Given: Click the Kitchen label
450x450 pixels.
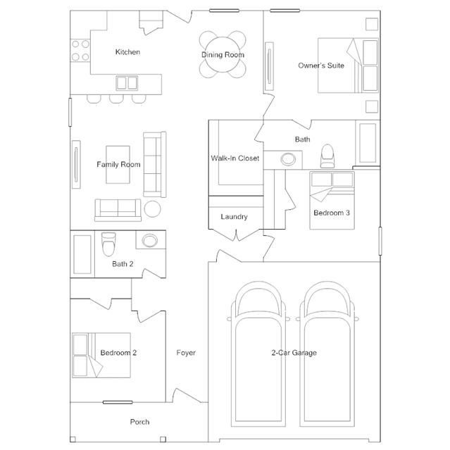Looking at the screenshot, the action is [x=127, y=52].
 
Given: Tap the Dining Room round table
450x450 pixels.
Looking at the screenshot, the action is [x=223, y=54].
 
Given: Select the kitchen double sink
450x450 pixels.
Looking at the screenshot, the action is [x=127, y=83].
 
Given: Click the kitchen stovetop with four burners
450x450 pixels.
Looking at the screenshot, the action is [x=80, y=51].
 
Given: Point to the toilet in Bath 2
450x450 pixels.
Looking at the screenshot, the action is [x=108, y=244].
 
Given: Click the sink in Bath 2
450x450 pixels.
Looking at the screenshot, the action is [x=150, y=240].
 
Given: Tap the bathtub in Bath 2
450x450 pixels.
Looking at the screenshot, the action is [x=82, y=254].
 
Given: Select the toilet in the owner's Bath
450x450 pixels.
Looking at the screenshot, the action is [x=327, y=156].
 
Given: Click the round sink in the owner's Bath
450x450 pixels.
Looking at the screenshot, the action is [x=288, y=159].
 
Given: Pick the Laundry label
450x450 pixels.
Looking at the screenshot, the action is [x=234, y=217].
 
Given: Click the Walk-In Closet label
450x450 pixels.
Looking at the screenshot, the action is [x=235, y=158].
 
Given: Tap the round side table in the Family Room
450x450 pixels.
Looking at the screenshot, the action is [x=152, y=209].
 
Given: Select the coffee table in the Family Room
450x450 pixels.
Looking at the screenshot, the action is [x=118, y=165].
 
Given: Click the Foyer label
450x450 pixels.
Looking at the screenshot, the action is [x=186, y=353].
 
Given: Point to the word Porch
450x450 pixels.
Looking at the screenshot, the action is [x=139, y=422].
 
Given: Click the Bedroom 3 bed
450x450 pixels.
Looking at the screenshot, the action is [x=332, y=200].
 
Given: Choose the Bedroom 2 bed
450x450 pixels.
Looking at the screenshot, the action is [x=101, y=356].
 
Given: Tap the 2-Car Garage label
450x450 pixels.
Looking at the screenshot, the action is [x=294, y=353].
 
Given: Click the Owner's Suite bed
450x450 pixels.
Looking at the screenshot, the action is [x=348, y=65].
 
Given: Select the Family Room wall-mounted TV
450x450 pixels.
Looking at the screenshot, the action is [x=76, y=165].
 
